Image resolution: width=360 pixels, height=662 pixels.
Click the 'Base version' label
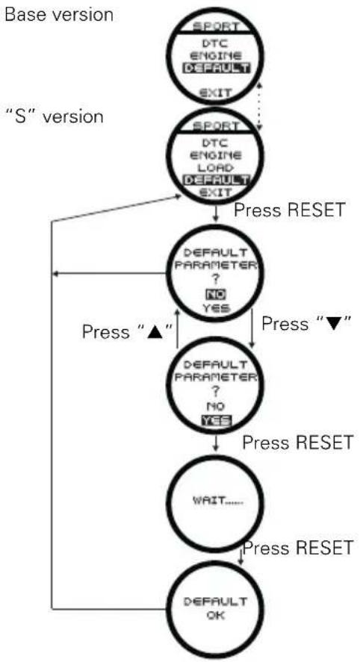click(58, 15)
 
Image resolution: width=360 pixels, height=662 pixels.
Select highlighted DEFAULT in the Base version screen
click(216, 68)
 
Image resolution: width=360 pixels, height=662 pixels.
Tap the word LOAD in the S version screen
click(216, 168)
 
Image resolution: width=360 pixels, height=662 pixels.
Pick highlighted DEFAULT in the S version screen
click(216, 181)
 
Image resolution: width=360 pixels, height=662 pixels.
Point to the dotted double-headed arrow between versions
click(259, 105)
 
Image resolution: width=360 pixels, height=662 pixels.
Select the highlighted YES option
click(217, 420)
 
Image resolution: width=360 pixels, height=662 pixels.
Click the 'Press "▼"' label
click(307, 323)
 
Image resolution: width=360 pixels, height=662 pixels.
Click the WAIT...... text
click(219, 502)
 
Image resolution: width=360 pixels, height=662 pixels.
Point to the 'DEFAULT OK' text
click(216, 608)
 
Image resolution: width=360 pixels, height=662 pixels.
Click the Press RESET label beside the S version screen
click(290, 210)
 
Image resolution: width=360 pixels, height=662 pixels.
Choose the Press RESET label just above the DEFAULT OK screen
click(298, 548)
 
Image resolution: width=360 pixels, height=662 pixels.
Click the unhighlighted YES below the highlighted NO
click(216, 309)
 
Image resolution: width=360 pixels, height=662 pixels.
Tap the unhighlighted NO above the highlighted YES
click(216, 406)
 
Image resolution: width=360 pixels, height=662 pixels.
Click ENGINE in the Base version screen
click(216, 56)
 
